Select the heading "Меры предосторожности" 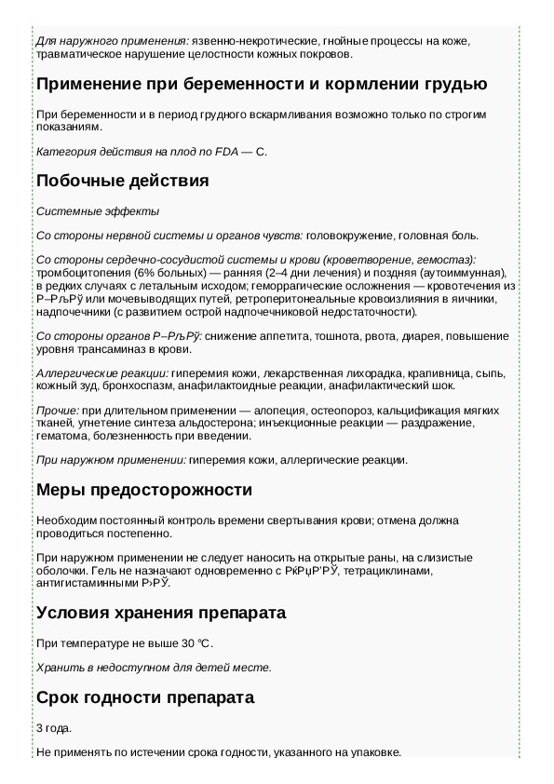pos(143,490)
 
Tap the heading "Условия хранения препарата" pos(160,613)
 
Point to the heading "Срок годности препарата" pos(144,696)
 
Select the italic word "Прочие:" pos(57,411)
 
